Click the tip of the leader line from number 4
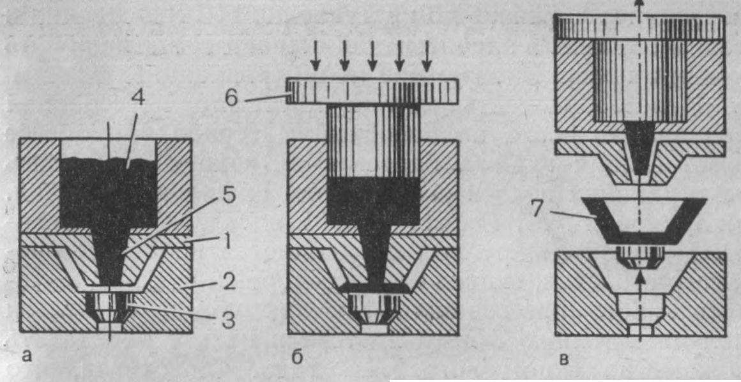pos(127,169)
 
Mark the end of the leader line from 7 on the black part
pos(595,217)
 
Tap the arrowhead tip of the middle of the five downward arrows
pos(372,72)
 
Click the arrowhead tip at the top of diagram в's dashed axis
pos(639,1)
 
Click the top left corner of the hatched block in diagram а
pos(20,139)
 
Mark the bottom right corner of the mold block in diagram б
pos(459,334)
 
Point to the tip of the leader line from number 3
pos(128,307)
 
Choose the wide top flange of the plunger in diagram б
pos(372,91)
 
